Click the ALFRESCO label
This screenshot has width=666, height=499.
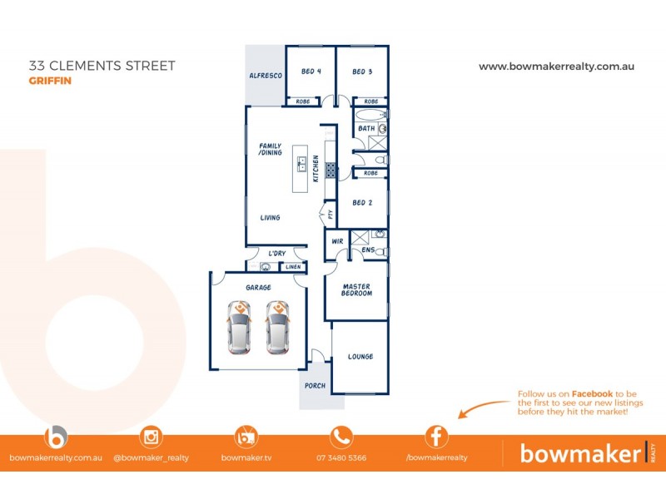tap(266, 76)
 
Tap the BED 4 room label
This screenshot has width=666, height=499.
tap(311, 72)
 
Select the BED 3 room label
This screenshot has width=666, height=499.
tap(362, 72)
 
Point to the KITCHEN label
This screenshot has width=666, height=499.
tap(316, 169)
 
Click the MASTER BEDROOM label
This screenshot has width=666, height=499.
tap(356, 290)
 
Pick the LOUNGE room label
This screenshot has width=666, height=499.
tap(360, 357)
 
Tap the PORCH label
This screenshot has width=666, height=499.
tap(316, 386)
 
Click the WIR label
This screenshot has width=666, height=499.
tap(337, 241)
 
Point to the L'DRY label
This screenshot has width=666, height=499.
tap(277, 254)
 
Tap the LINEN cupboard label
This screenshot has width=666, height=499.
tap(293, 267)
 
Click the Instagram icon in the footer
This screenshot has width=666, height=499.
tap(152, 437)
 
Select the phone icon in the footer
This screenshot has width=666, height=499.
tap(341, 437)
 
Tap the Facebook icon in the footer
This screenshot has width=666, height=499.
tap(436, 437)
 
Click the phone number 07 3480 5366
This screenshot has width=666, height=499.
tap(341, 458)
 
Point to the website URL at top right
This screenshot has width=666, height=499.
tap(557, 67)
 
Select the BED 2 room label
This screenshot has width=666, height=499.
tap(362, 203)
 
